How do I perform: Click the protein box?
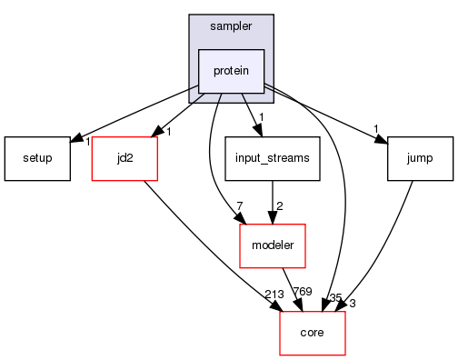231,71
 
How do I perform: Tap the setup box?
37,158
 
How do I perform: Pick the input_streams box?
272,158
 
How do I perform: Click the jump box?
419,158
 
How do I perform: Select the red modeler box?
272,245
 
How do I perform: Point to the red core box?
312,333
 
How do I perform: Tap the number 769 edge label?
302,292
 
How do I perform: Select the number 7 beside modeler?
239,205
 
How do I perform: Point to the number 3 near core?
352,303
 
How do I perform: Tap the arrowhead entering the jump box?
382,139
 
